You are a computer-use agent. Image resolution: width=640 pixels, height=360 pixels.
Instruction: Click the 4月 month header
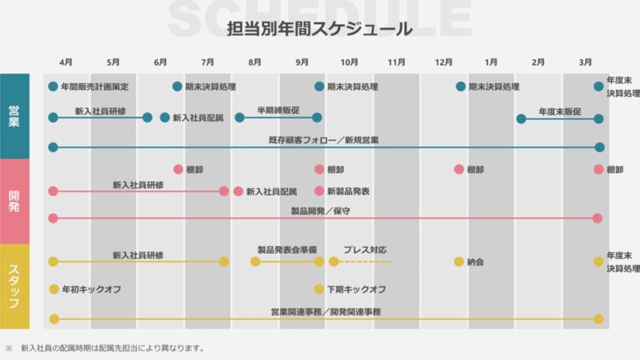point(66,62)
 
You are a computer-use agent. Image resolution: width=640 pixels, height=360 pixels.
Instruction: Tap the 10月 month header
point(349,62)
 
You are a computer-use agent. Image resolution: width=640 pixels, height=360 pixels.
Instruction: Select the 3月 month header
point(585,62)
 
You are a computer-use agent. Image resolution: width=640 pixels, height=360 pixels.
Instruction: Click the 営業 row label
point(14,116)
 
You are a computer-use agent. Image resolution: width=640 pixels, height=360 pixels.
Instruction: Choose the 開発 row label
point(14,201)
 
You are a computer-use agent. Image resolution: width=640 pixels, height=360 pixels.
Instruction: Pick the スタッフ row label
point(14,286)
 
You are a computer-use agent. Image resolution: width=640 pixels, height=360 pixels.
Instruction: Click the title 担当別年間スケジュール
point(319,29)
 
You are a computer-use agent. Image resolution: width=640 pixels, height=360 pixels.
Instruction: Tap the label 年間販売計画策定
point(95,87)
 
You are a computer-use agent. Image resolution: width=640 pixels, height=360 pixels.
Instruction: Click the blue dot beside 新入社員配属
point(165,118)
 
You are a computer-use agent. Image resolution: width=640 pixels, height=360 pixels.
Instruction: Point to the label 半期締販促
point(278,110)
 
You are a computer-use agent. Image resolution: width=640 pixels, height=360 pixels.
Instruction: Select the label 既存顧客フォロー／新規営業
point(324,140)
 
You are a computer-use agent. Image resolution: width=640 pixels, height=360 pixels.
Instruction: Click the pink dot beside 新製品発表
point(319,191)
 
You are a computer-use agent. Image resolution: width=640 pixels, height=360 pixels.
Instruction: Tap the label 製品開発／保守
point(321,211)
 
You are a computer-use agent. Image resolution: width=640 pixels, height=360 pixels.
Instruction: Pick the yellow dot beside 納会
point(459,261)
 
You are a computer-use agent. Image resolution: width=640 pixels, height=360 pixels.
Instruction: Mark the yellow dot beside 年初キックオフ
point(54,289)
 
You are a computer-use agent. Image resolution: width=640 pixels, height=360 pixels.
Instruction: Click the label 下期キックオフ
point(357,289)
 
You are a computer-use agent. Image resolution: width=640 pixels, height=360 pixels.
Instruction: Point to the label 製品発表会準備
point(287,250)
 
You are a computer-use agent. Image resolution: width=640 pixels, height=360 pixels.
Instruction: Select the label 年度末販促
point(560,111)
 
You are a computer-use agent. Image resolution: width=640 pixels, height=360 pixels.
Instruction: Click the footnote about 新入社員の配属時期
point(112,348)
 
